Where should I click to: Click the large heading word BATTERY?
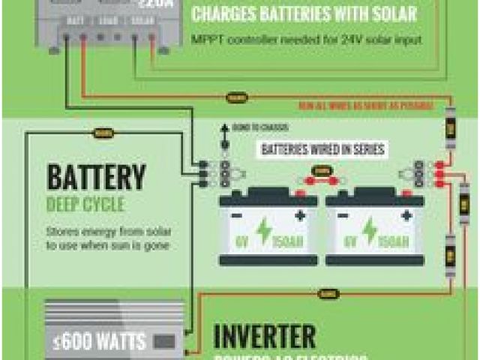click(95, 177)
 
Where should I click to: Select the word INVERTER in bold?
click(265, 337)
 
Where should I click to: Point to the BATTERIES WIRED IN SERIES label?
click(322, 149)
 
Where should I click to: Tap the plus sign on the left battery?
click(300, 216)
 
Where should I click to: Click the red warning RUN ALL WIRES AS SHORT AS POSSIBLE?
click(365, 106)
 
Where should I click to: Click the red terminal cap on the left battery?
click(299, 193)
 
